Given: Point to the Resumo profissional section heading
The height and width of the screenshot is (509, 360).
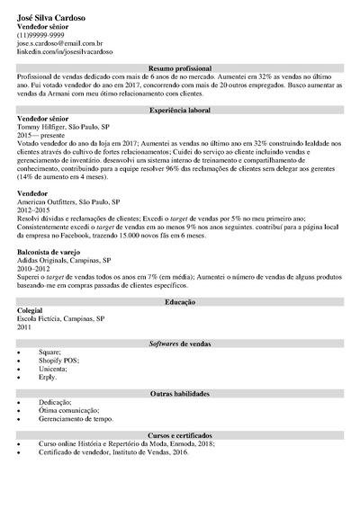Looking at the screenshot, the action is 180,68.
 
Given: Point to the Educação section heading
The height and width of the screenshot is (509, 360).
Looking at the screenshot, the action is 180,302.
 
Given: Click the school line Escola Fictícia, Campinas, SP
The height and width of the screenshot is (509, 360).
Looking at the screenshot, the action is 61,318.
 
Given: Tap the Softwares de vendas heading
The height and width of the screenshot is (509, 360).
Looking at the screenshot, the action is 180,344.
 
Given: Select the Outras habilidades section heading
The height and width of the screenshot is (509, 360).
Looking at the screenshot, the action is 180,394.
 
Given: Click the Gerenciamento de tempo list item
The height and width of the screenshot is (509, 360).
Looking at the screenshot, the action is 76,418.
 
